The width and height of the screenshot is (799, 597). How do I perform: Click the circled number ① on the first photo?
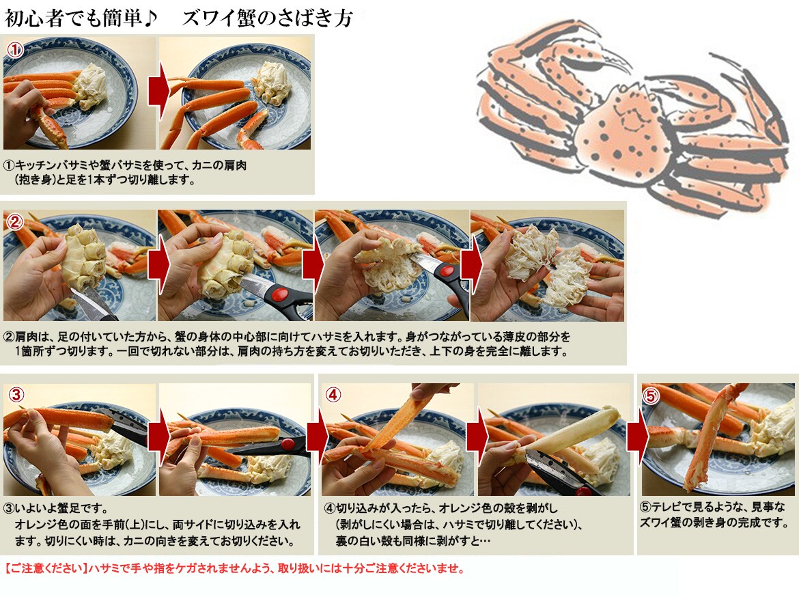[x=15, y=49]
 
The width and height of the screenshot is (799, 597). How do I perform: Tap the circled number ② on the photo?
[x=15, y=222]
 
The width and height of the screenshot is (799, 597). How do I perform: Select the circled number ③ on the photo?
[x=16, y=395]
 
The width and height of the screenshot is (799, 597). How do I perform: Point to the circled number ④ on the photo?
[x=333, y=395]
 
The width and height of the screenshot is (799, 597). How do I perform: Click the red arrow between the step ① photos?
[x=158, y=91]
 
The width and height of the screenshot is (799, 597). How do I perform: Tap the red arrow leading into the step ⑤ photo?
[x=636, y=436]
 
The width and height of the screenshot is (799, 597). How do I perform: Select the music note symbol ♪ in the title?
[x=150, y=18]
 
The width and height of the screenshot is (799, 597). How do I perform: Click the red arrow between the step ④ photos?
[x=477, y=436]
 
